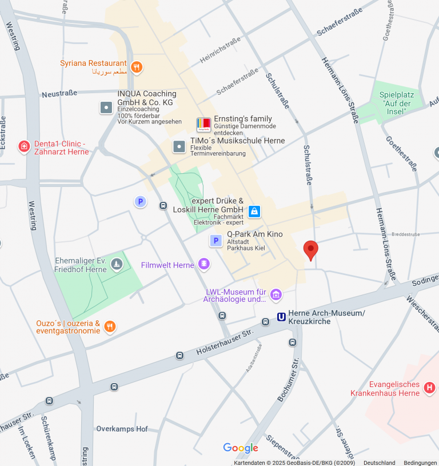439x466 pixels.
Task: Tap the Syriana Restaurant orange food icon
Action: tap(136, 67)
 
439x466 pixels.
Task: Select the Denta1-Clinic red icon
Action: tap(24, 146)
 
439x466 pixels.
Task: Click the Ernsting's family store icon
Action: tap(203, 125)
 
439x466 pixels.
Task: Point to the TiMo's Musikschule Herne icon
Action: tap(179, 147)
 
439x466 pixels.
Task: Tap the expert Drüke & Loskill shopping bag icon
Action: tap(254, 211)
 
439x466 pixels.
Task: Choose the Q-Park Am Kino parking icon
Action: tap(216, 241)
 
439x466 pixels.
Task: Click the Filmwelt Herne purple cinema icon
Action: tap(203, 264)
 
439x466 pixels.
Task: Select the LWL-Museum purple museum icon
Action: tap(276, 294)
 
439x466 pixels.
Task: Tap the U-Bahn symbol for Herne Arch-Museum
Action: tap(281, 317)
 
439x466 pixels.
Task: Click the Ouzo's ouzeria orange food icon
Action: tap(110, 326)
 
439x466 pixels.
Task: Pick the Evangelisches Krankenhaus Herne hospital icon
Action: tap(429, 389)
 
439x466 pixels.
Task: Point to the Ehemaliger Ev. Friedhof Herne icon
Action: tap(117, 264)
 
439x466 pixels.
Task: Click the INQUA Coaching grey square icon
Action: tap(106, 107)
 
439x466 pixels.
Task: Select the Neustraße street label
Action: tap(59, 94)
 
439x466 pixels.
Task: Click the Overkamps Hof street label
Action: tap(122, 429)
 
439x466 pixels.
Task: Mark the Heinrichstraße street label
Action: tap(220, 50)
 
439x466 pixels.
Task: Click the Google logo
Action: tap(241, 448)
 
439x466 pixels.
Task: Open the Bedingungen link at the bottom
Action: tap(420, 463)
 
